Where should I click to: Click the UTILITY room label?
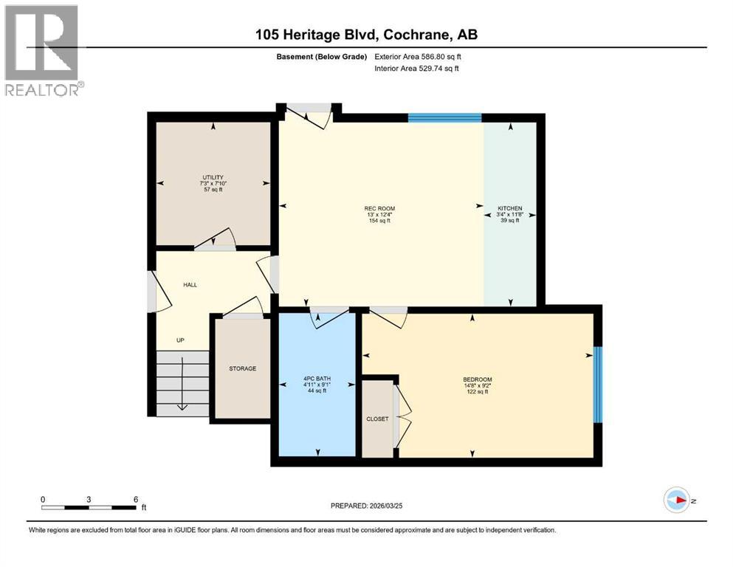[213, 177]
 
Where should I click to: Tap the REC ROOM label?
[379, 208]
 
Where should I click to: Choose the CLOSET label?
[377, 419]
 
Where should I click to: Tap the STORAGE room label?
[242, 368]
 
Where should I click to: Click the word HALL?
[190, 284]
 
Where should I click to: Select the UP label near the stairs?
[180, 340]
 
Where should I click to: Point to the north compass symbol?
[677, 501]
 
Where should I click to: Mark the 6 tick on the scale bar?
[136, 499]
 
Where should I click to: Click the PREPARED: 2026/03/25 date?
[371, 506]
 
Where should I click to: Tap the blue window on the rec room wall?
[445, 117]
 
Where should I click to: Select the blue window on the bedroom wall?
[598, 384]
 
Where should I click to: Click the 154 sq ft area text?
[379, 221]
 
